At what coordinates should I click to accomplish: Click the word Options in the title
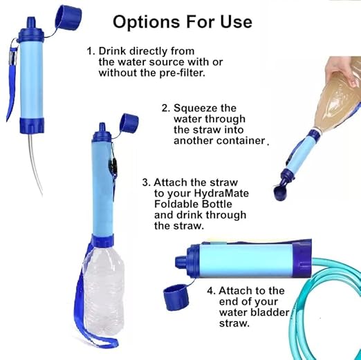pyautogui.click(x=146, y=22)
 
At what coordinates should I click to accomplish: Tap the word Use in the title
pyautogui.click(x=236, y=22)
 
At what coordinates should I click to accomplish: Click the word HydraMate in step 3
pyautogui.click(x=221, y=193)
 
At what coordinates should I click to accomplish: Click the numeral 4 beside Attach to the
pyautogui.click(x=210, y=291)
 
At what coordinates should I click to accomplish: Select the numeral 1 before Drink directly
pyautogui.click(x=90, y=51)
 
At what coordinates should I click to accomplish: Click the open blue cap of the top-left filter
pyautogui.click(x=68, y=18)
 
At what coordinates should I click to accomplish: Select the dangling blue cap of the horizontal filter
pyautogui.click(x=176, y=297)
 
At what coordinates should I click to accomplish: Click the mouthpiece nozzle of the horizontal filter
pyautogui.click(x=181, y=260)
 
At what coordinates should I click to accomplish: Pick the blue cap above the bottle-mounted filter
pyautogui.click(x=129, y=124)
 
